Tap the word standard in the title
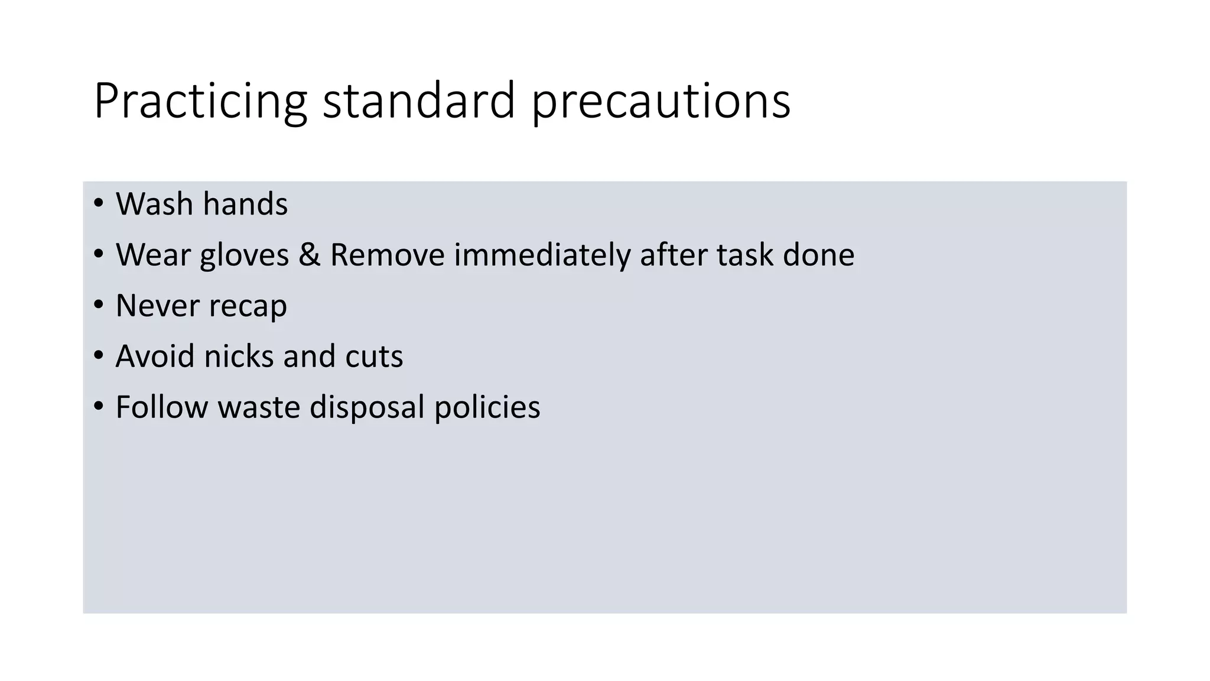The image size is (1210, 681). tap(419, 101)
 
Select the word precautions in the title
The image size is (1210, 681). tap(661, 101)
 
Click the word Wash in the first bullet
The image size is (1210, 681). tap(154, 204)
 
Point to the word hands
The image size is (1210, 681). tap(245, 204)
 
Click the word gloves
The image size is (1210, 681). tap(244, 255)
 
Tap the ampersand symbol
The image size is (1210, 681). tap(309, 255)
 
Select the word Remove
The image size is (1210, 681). tap(387, 255)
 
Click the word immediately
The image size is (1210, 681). tap(542, 255)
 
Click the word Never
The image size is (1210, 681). tap(157, 306)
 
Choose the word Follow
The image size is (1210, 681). tap(161, 407)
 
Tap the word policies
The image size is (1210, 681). tap(487, 408)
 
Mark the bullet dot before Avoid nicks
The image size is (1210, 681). tap(99, 356)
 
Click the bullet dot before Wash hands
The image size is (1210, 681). tap(99, 203)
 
